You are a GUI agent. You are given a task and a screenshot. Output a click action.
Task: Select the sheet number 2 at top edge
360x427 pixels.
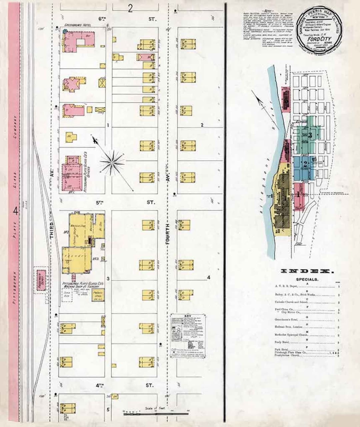click(130, 8)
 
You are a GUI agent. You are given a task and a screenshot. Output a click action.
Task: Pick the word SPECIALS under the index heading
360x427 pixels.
click(307, 279)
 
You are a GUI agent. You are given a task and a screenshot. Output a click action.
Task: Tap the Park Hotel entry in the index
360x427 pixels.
click(281, 349)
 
